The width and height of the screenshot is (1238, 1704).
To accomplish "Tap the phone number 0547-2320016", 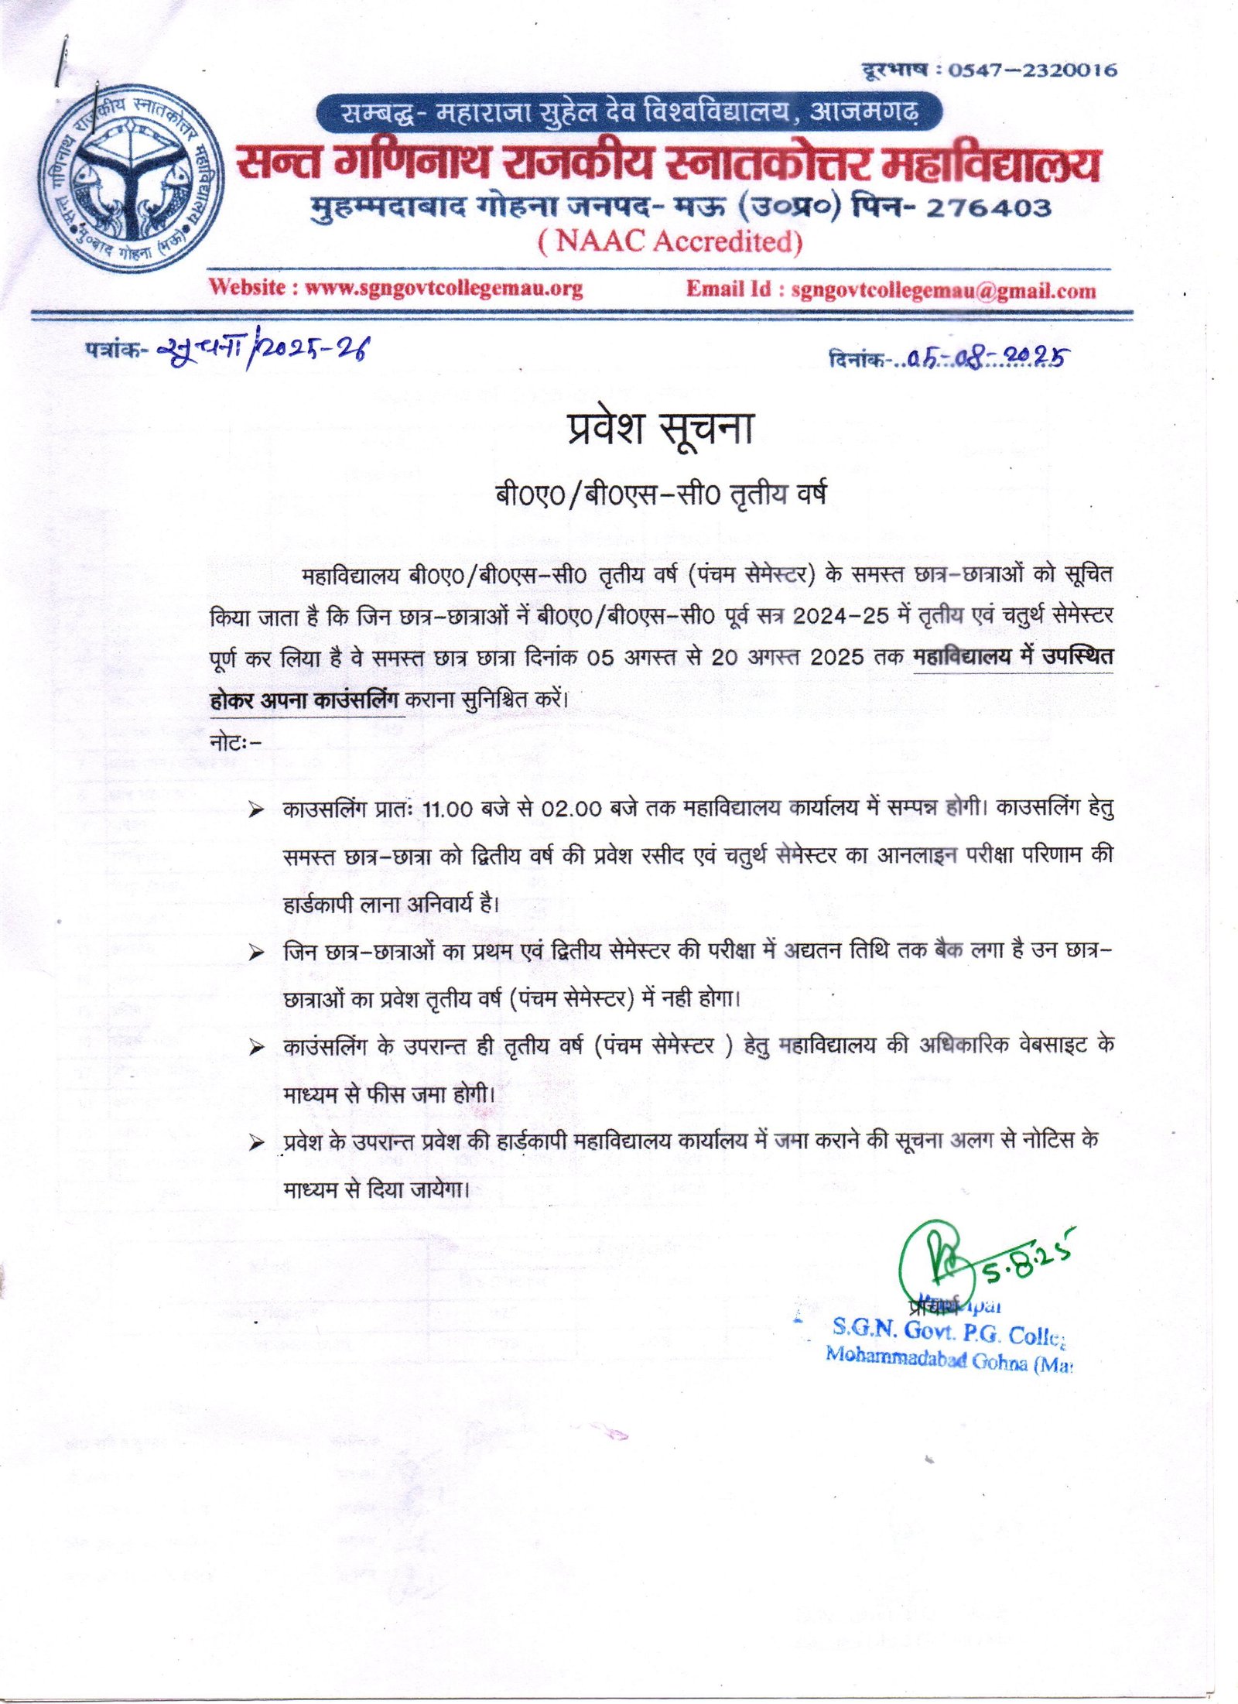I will (x=1033, y=70).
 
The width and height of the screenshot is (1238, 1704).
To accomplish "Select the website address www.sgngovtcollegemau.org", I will (x=443, y=288).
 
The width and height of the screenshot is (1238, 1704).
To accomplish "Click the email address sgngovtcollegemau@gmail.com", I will (x=943, y=290).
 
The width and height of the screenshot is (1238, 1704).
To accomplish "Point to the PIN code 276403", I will (x=988, y=207).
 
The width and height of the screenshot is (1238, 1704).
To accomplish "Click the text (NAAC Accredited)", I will (x=670, y=241).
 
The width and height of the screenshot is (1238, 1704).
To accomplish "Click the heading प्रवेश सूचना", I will (x=660, y=428).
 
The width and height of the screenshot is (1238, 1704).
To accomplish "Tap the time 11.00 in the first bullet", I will (x=447, y=809).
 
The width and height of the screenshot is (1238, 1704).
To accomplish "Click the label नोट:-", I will (x=236, y=742).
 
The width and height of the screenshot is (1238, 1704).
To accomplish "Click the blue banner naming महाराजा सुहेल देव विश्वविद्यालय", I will (x=628, y=113).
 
